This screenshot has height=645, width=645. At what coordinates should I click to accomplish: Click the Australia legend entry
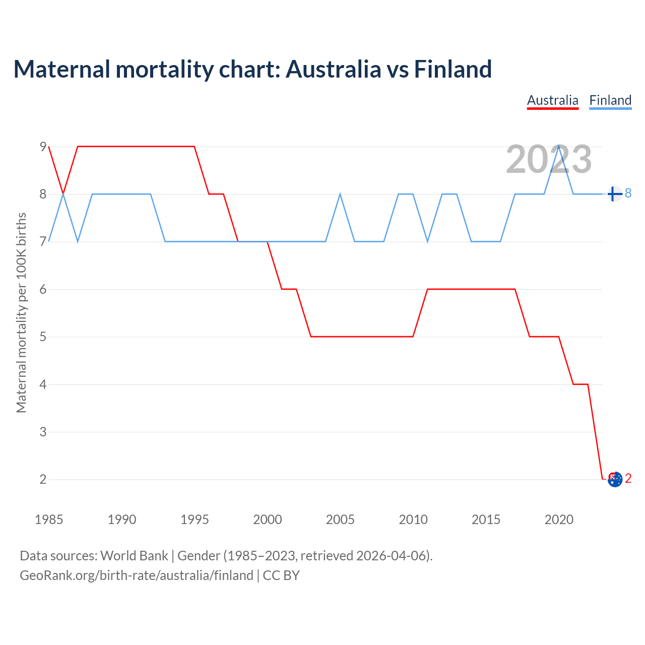pos(552,100)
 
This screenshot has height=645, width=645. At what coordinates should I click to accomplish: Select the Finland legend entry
pos(610,100)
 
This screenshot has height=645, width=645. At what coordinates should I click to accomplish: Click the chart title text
pos(252,69)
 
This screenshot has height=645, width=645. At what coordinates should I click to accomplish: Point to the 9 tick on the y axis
pos(43,147)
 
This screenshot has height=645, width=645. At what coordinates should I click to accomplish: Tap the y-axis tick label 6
pos(43,289)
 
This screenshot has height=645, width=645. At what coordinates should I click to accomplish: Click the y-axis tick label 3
pos(43,432)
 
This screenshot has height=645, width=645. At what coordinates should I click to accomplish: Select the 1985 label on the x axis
pos(49,520)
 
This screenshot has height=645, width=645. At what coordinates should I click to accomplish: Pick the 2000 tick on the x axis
pos(268,520)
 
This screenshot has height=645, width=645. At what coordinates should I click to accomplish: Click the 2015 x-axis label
pos(486,520)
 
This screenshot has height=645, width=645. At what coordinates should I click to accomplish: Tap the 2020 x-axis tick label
pos(559,520)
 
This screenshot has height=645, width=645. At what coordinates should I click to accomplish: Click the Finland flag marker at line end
pos(615,193)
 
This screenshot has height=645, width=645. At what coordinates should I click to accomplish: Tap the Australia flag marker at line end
pos(615,479)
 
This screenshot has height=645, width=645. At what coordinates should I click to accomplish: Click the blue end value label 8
pos(628,193)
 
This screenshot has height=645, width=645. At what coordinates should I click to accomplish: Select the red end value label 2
pos(628,478)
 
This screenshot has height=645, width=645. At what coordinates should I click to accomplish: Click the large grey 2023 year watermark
pos(549,159)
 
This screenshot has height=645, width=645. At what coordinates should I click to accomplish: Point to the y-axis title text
pos(21,312)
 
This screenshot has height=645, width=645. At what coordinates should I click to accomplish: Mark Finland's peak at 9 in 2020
pos(559,147)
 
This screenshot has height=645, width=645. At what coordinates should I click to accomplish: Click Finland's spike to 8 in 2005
pos(340,195)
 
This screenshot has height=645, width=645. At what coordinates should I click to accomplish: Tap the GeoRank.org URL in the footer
pos(136,575)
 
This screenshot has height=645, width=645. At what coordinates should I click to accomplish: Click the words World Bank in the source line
pos(134,556)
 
